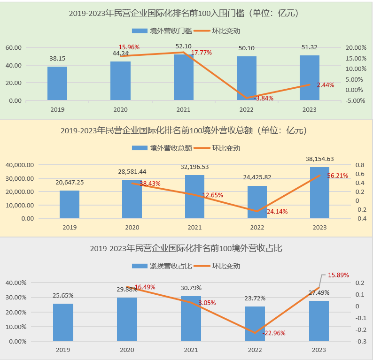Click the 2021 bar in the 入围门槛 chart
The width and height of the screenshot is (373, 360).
click(183, 77)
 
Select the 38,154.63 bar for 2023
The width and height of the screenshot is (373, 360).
click(319, 192)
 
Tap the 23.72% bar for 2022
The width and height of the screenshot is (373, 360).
click(255, 324)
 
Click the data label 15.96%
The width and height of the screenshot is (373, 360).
click(129, 47)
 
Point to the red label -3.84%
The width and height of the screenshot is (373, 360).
click(264, 98)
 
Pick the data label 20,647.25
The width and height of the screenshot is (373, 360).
click(70, 182)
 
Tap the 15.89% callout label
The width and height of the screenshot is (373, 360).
click(338, 275)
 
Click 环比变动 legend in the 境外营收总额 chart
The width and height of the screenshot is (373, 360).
click(226, 148)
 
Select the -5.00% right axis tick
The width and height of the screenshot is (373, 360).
click(356, 100)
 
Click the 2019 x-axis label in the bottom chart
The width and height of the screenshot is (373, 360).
click(63, 350)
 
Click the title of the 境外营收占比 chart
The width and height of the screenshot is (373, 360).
click(186, 248)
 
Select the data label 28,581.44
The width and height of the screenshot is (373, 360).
click(132, 171)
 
